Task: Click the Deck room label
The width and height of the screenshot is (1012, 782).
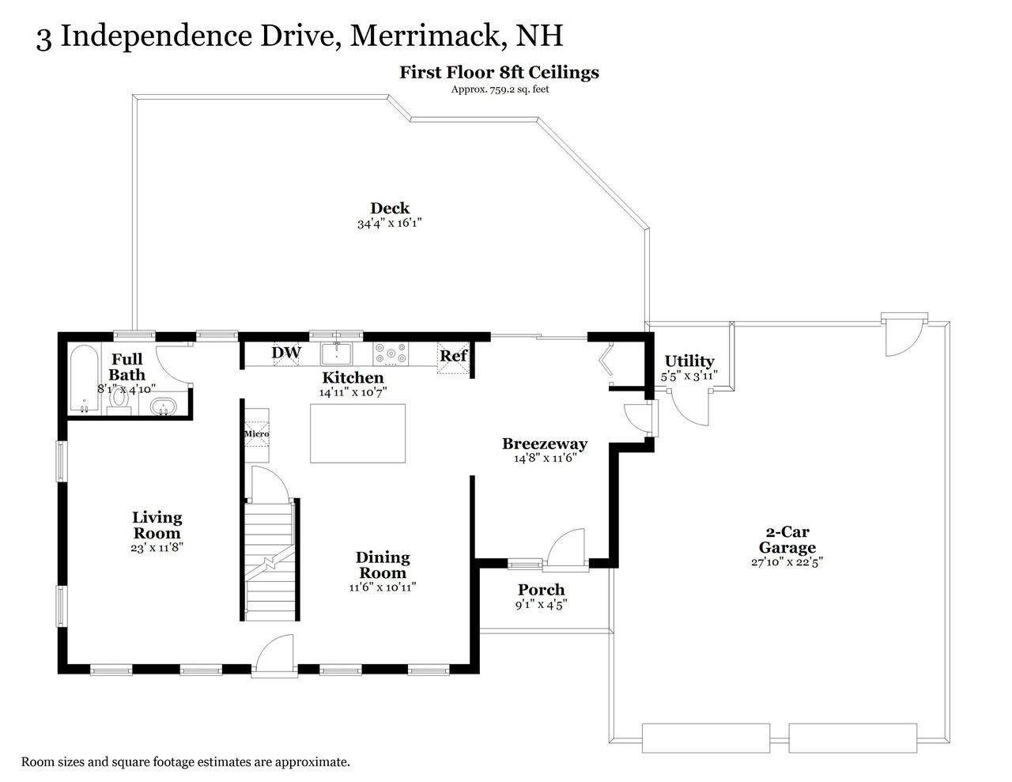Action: tap(390, 208)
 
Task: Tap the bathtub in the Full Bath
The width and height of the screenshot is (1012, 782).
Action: tap(82, 379)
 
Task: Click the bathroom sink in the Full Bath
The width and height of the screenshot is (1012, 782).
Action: tap(163, 407)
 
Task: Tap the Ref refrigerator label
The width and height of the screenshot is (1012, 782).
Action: tap(454, 355)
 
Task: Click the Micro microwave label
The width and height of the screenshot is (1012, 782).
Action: tap(256, 434)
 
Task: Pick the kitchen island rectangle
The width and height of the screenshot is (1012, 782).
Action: tap(357, 433)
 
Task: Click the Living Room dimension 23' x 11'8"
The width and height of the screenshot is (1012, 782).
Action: tap(157, 547)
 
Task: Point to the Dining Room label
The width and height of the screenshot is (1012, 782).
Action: tap(383, 565)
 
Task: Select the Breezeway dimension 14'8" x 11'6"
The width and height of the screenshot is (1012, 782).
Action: tap(545, 457)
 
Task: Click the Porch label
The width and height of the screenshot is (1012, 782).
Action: tap(541, 590)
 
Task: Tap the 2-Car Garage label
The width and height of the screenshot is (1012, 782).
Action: tap(787, 540)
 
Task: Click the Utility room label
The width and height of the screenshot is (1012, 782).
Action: tap(689, 361)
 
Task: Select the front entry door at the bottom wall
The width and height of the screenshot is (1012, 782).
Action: tap(274, 658)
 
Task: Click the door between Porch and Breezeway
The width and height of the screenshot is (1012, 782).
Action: tap(565, 550)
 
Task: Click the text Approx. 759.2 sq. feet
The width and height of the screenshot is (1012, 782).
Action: tap(499, 89)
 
